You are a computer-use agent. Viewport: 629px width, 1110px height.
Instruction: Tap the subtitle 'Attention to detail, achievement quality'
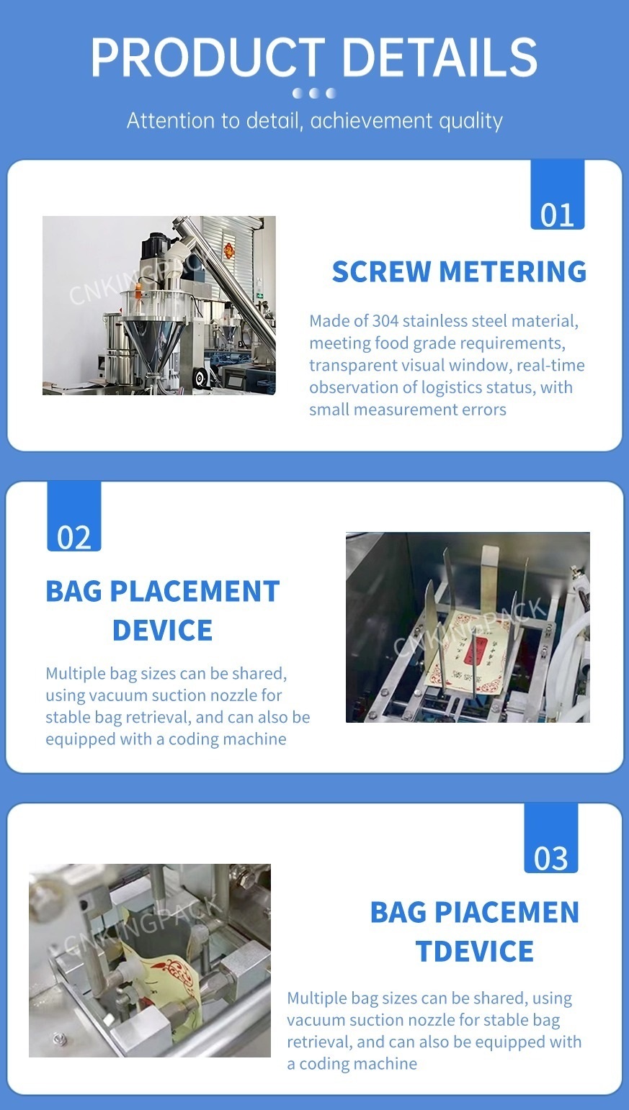(314, 121)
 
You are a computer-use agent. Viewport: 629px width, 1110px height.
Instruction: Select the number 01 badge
(557, 195)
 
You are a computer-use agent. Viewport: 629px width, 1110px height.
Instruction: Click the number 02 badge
(74, 517)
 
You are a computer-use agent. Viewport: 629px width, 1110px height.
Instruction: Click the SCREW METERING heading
(460, 271)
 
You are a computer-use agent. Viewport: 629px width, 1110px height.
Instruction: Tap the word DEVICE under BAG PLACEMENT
(162, 631)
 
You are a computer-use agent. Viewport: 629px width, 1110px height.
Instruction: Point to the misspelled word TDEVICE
(475, 951)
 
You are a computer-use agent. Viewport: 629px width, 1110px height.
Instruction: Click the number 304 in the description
(385, 321)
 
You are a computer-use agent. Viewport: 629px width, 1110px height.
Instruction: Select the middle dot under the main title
(313, 93)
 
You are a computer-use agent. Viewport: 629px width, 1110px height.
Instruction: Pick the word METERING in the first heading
(512, 271)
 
